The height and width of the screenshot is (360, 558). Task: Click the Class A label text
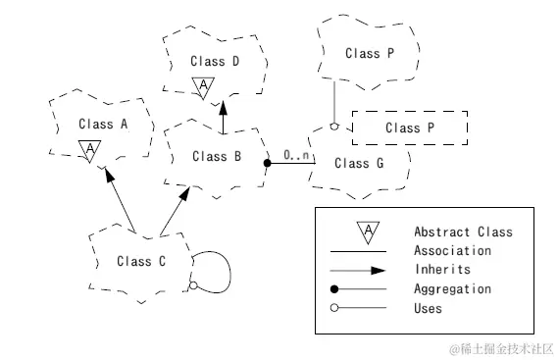(103, 125)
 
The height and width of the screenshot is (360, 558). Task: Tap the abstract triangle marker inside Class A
(89, 149)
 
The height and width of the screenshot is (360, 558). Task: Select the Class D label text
(215, 61)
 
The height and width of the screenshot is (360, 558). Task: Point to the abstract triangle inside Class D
(203, 87)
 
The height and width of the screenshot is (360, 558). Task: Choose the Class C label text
(140, 261)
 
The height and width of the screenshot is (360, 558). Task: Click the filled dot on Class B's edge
(267, 164)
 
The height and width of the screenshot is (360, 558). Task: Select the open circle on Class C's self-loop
(193, 285)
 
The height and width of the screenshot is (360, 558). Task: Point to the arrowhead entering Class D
(223, 107)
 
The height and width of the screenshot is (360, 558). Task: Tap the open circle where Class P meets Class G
(335, 128)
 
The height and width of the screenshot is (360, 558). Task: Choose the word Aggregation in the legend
(452, 289)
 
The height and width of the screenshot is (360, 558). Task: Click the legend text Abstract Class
(463, 232)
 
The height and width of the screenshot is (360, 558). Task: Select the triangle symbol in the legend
(368, 231)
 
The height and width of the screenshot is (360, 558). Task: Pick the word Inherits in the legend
(442, 270)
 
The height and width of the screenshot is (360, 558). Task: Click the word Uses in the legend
(429, 308)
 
